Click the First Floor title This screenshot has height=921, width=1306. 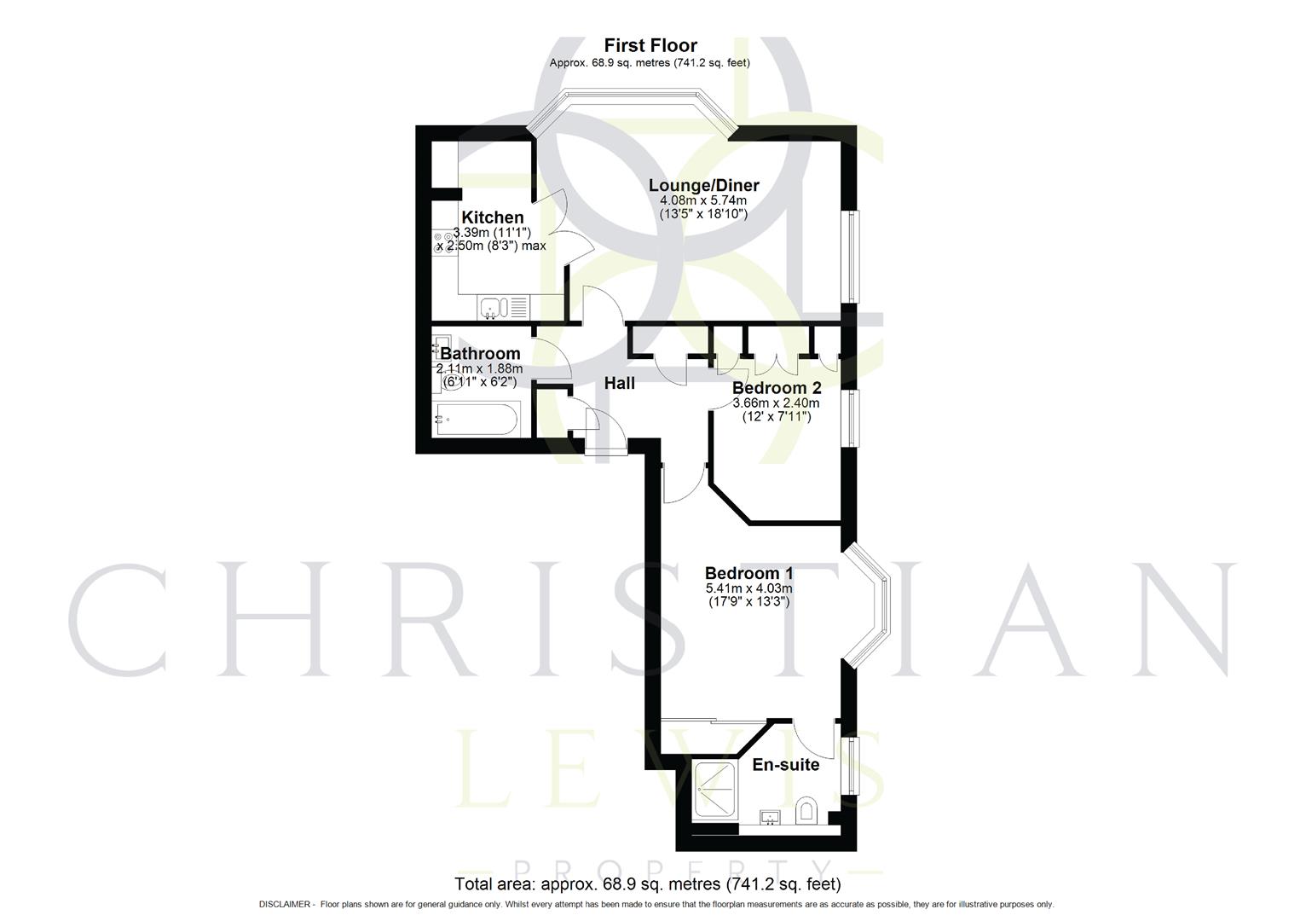[650, 46]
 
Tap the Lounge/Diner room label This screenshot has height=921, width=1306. [703, 185]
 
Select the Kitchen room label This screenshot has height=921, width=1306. [493, 217]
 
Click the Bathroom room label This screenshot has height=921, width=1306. [480, 353]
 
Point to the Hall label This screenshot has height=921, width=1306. [620, 383]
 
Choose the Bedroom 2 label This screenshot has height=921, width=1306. [777, 388]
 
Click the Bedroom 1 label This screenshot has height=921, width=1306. [748, 573]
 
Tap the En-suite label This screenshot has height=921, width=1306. [785, 764]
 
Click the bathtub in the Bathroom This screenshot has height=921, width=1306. [474, 419]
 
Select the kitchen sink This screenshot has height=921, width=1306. [494, 307]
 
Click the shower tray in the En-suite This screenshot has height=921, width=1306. [718, 791]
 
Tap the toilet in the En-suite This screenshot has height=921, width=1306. [806, 810]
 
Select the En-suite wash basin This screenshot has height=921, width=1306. [771, 818]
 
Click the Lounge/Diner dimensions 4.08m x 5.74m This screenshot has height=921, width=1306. [703, 200]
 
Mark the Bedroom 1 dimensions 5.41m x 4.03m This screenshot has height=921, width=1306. [748, 588]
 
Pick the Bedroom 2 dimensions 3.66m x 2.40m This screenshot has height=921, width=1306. [777, 403]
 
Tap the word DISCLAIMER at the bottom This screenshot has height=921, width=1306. [286, 904]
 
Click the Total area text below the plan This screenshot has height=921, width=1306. [648, 884]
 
